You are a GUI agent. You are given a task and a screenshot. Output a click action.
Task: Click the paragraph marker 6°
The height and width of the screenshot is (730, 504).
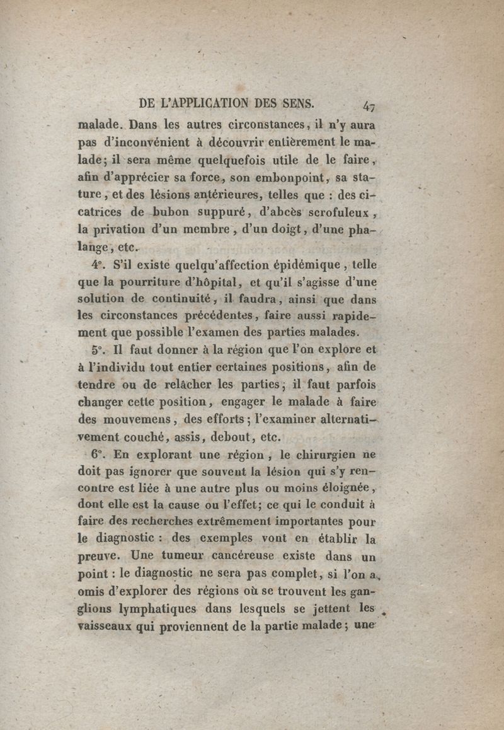(x=98, y=453)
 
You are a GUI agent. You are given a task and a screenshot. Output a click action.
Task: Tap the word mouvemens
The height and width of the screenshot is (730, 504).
(x=132, y=417)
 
